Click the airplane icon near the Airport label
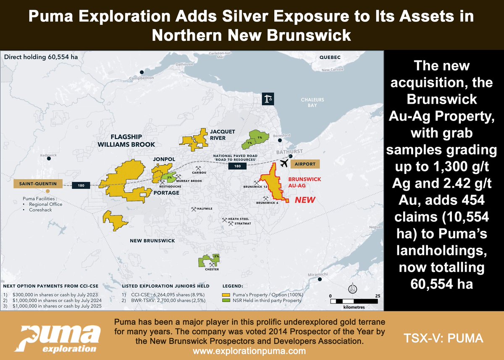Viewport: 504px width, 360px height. click(284, 163)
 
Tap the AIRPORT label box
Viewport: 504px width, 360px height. click(305, 164)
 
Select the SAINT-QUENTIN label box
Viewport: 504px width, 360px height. click(38, 184)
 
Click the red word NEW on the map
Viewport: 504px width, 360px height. click(305, 200)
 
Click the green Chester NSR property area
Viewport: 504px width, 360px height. click(209, 261)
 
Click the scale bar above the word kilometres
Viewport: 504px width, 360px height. click(354, 301)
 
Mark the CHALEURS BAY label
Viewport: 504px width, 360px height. click(312, 102)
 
